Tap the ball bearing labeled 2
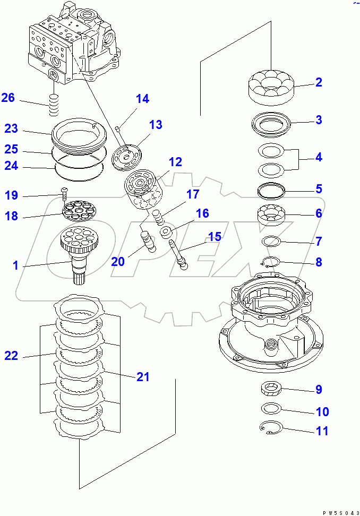pos(271,85)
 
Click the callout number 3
pos(319,120)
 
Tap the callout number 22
pos(11,356)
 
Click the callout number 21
pos(142,377)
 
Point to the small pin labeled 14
pos(118,128)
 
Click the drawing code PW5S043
pos(340,512)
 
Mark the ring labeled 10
pos(271,408)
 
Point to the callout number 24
pos(11,166)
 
